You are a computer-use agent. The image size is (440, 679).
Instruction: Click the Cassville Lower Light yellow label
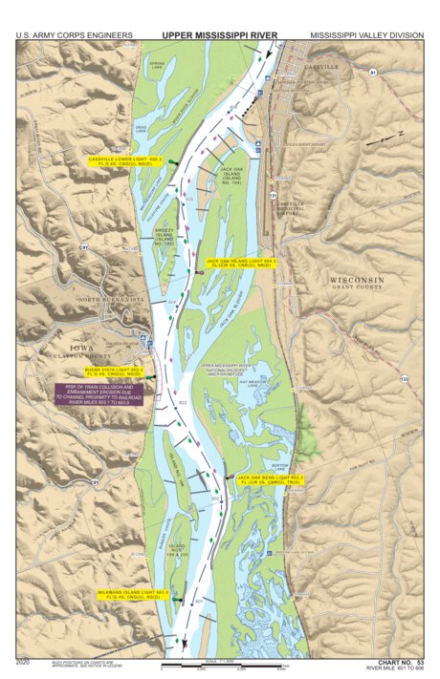pos(125,161)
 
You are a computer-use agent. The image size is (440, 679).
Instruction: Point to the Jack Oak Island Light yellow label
pos(242,262)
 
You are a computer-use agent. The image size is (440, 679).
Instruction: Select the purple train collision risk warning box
pos(99,393)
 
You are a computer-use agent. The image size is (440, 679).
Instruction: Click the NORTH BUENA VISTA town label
pos(111,299)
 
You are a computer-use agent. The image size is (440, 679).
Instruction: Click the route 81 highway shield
pos(373,73)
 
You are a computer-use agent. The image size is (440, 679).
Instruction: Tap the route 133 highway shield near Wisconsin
pos(405,379)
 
